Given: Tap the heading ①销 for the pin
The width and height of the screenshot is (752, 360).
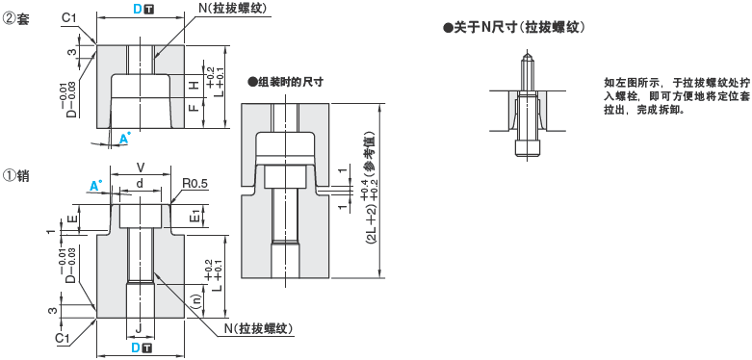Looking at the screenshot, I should click(17, 176).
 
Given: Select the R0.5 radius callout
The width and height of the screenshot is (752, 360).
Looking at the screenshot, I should click(195, 182).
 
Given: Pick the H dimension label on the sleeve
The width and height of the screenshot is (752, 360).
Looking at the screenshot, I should click(194, 86).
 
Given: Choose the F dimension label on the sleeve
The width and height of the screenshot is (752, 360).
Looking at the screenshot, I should click(194, 109).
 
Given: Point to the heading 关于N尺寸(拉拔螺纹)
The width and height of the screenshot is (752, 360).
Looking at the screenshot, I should click(514, 28).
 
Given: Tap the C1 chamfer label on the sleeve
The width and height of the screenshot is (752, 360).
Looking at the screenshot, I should click(68, 18).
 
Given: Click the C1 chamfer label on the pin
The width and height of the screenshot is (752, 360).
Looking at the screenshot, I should click(64, 338).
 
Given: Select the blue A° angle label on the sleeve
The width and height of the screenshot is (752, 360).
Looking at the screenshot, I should click(124, 141).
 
